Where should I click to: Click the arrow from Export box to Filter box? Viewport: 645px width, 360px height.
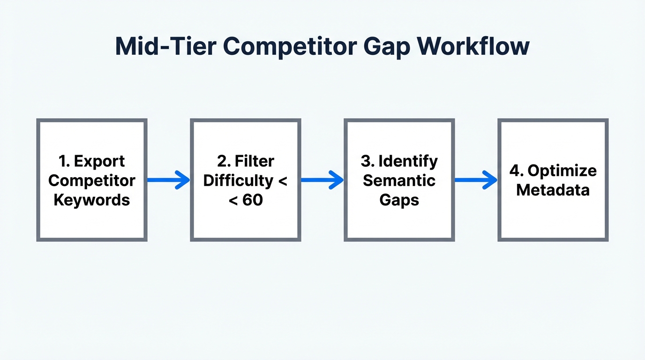[168, 180]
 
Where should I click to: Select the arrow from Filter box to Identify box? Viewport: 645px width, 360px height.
[322, 180]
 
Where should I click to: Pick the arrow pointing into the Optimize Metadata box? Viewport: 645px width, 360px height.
[476, 180]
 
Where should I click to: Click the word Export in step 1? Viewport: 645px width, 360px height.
[99, 161]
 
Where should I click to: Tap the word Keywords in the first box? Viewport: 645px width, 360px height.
[91, 200]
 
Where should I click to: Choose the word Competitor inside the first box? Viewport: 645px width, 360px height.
[92, 180]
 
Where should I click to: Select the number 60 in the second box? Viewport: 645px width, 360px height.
[253, 200]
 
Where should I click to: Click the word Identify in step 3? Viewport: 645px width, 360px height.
[408, 161]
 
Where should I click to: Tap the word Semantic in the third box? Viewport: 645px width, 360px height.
[399, 180]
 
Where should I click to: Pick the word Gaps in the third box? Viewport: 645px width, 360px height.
[399, 200]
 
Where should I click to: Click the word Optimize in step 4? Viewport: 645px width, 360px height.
[562, 171]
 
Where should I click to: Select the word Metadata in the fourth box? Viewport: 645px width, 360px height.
[553, 190]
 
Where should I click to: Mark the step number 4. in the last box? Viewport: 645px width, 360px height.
[517, 171]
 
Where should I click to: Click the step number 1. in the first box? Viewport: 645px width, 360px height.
[65, 161]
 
